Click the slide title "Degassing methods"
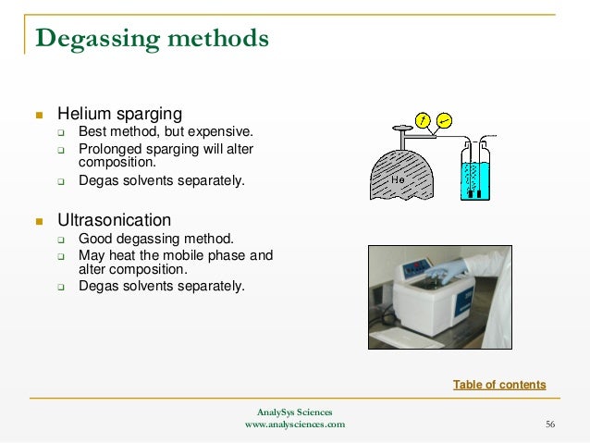(x=152, y=39)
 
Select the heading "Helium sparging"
(x=119, y=115)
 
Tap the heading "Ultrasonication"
(x=114, y=221)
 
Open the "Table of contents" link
(x=499, y=385)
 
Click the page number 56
(x=550, y=425)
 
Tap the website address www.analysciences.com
(x=294, y=425)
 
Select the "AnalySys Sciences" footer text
(x=294, y=412)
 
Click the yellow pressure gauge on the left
(x=423, y=120)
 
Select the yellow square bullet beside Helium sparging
(x=39, y=116)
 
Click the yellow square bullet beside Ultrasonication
(x=39, y=222)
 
